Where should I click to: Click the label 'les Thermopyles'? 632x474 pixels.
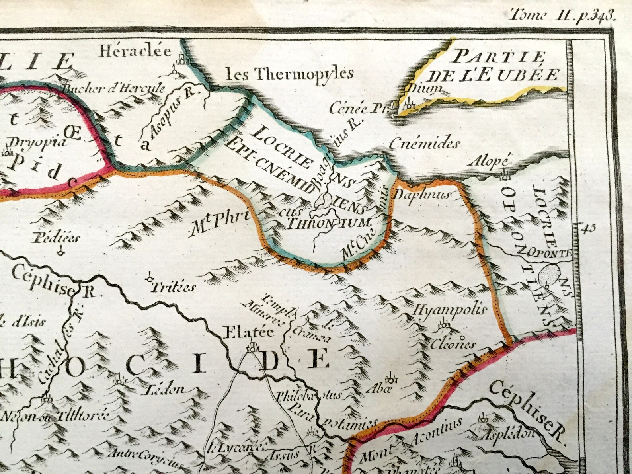(x=289, y=73)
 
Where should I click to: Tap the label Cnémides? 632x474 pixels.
(x=424, y=143)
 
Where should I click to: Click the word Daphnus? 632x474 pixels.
(x=421, y=194)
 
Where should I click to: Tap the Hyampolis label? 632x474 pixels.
(x=451, y=310)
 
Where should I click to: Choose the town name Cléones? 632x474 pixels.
(x=453, y=343)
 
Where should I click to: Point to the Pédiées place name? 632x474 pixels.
(x=58, y=238)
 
